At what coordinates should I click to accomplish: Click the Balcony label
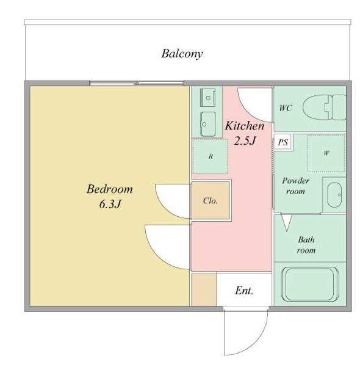[x=182, y=54]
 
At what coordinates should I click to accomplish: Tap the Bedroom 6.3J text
[x=110, y=196]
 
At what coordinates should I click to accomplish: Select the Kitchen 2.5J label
[x=245, y=133]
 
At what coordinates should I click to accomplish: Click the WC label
[x=286, y=107]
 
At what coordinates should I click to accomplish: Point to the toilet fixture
[x=325, y=107]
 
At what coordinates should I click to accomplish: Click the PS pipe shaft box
[x=283, y=142]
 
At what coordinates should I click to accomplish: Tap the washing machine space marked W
[x=326, y=153]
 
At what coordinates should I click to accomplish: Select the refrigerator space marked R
[x=211, y=156]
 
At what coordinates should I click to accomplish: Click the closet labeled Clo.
[x=211, y=200]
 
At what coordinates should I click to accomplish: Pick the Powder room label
[x=295, y=186]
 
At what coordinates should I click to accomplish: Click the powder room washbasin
[x=334, y=195]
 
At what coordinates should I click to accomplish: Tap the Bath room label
[x=306, y=245]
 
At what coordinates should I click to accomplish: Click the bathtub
[x=310, y=284]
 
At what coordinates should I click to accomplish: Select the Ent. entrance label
[x=244, y=291]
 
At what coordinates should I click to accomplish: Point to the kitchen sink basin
[x=208, y=124]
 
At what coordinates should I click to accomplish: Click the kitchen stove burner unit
[x=208, y=97]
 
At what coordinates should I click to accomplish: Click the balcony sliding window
[x=136, y=84]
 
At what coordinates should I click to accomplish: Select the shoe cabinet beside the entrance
[x=204, y=289]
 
